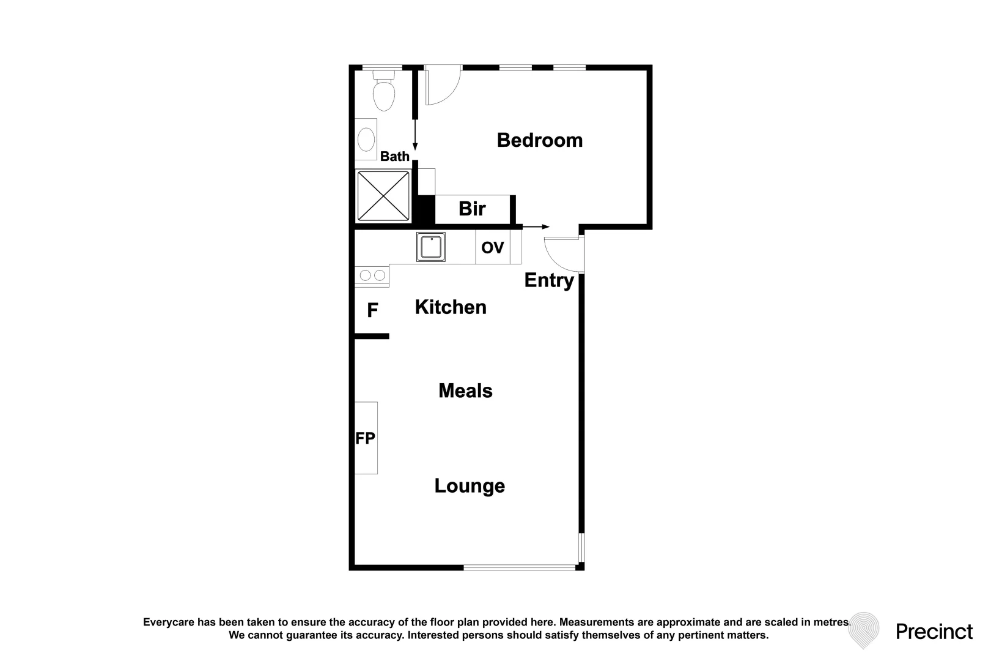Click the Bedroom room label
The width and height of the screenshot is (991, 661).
pos(539,140)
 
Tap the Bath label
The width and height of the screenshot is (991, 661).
pos(394,157)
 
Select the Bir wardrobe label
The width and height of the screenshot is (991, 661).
pos(472,209)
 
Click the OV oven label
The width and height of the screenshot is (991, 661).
pos(492,247)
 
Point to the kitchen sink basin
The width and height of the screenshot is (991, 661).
pos(431,247)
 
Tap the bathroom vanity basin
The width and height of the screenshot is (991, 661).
pos(366,139)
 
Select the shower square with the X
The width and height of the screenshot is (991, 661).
pos(383,196)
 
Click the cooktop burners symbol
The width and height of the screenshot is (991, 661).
pos(372,275)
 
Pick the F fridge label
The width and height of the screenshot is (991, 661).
pos(372,311)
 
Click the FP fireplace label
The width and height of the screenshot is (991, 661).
pos(365,438)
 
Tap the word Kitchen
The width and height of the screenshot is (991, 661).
pos(451,307)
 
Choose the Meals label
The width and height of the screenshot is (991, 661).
pos(465,391)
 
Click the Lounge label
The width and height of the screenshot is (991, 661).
pos(470,486)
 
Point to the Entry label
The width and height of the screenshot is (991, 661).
pos(549,280)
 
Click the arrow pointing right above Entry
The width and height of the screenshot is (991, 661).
pos(536,227)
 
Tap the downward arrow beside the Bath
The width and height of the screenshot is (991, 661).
pos(415,135)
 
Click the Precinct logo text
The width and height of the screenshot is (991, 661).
pos(934,632)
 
